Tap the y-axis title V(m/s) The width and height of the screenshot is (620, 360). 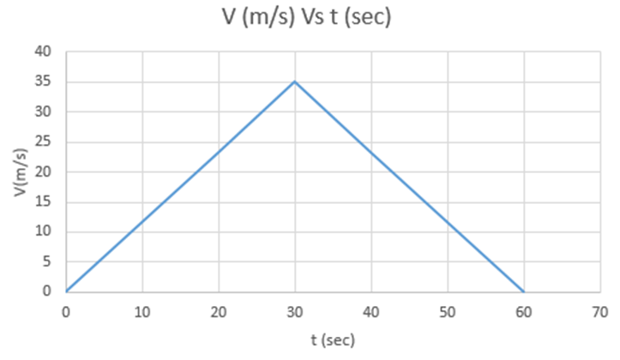pos(21,172)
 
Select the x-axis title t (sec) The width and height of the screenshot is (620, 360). pos(333,339)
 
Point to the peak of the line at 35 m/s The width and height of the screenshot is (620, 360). pos(294,81)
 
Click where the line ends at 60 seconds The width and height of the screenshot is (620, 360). pos(523,291)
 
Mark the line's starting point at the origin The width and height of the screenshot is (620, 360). pos(66,291)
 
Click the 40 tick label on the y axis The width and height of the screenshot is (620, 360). pos(45,52)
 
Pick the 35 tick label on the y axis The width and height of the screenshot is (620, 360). pos(45,82)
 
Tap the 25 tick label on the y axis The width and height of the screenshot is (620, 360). pos(45,142)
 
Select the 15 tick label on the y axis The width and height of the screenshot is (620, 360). pos(45,202)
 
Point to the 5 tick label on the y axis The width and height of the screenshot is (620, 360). pos(48,261)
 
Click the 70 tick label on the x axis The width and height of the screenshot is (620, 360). pos(599,310)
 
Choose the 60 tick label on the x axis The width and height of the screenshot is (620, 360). pos(523,310)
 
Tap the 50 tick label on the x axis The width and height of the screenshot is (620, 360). pos(447,310)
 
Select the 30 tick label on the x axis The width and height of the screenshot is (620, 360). pos(294,310)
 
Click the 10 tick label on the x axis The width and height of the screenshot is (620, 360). pos(142,310)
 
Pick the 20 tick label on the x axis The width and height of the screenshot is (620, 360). pos(219,310)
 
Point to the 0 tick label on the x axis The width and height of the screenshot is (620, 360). pos(66,310)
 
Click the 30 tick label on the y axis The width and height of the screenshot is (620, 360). pos(45,112)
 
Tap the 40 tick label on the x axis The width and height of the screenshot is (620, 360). pos(370,310)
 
